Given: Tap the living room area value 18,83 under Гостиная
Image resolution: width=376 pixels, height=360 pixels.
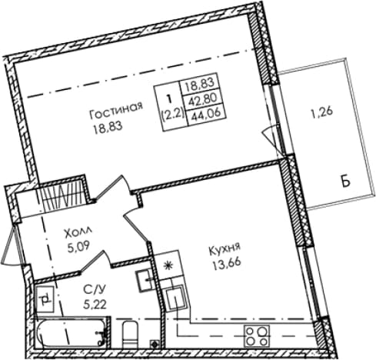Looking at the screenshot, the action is point(108,127).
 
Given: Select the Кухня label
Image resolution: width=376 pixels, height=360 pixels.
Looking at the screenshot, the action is point(225,250).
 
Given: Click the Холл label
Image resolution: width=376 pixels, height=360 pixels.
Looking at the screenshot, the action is point(78,233).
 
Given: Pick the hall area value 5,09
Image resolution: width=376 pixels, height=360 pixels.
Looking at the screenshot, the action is point(78,248).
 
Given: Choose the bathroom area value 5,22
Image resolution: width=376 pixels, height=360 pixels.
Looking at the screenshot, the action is point(95,305).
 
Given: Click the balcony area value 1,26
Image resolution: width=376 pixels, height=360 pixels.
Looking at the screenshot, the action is point(322,112).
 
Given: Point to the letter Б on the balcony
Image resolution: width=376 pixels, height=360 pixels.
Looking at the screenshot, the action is point(346,182).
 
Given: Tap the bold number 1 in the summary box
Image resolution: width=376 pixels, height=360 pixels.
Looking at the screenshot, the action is point(168,98).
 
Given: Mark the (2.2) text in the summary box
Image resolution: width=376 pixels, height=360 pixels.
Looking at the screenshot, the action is point(174,112).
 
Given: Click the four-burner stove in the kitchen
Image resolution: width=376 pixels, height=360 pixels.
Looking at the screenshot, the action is point(257,336).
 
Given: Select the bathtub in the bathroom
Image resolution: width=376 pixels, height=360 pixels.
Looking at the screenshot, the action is point(72,332).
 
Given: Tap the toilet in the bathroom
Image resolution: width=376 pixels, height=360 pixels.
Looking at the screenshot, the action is point(130,335).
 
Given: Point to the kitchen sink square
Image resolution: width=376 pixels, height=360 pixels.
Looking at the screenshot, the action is point(175,298).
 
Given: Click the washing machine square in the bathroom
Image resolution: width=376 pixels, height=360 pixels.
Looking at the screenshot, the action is point(45,298).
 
